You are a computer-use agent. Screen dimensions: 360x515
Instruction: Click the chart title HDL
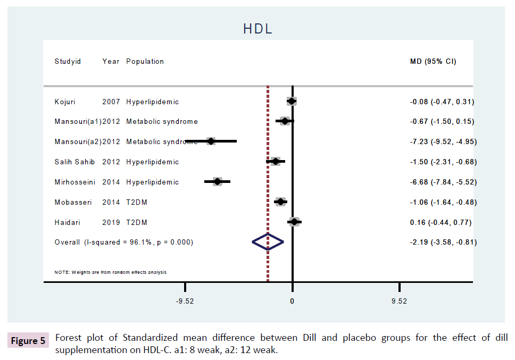[257, 29]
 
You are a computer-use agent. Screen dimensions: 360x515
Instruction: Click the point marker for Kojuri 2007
[292, 101]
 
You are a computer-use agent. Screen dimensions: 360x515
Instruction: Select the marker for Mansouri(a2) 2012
[211, 141]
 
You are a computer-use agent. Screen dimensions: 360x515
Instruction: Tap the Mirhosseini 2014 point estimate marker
[217, 182]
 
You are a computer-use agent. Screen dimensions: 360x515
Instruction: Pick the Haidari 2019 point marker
[294, 222]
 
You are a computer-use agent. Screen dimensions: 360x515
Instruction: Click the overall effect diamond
[268, 242]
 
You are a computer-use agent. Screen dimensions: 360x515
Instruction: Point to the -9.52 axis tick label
[185, 301]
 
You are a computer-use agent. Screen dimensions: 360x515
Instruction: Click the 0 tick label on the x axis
[292, 301]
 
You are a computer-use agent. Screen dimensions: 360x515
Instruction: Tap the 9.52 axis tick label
[398, 301]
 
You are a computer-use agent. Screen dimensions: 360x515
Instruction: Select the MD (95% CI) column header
[433, 61]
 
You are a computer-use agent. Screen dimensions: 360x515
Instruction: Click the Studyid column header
[68, 61]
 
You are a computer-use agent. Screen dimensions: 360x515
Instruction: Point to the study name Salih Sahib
[74, 162]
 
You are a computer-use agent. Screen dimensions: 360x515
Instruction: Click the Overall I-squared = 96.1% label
[124, 242]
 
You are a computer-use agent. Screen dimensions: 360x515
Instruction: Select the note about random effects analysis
[111, 272]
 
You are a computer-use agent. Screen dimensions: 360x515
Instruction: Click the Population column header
[145, 61]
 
